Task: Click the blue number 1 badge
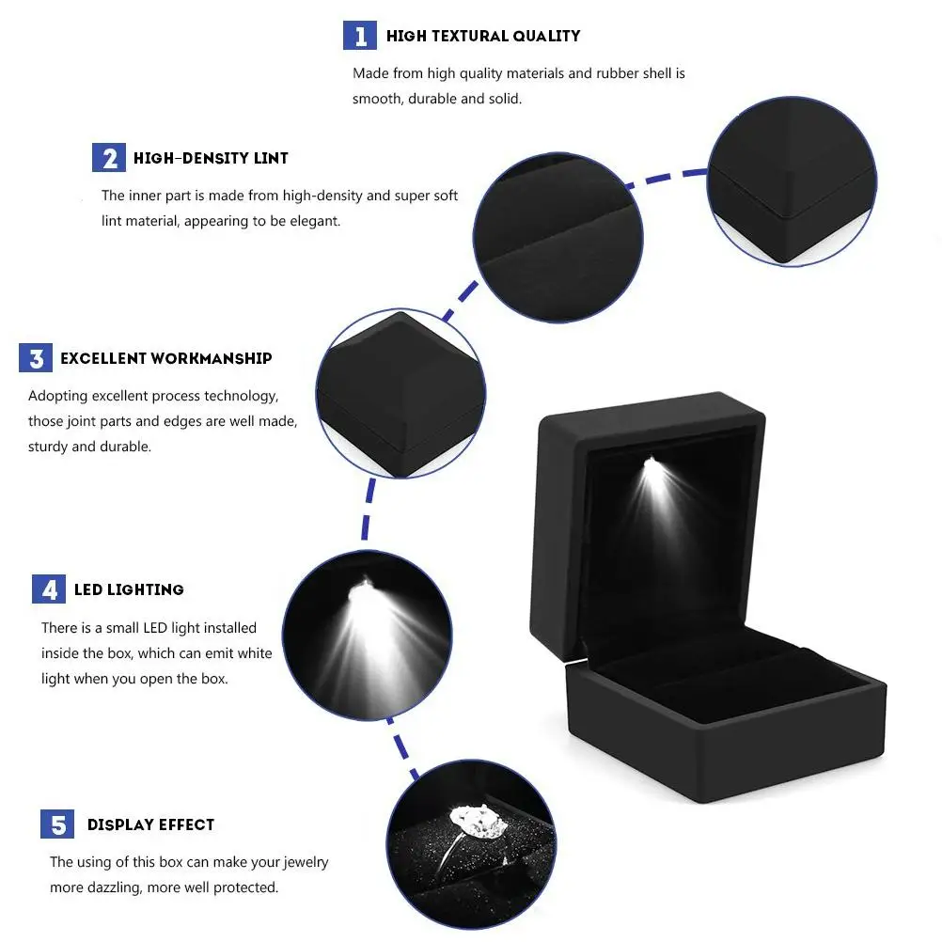[x=360, y=36]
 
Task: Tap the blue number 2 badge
[x=109, y=158]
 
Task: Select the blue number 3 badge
[x=36, y=358]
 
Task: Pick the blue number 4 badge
[x=49, y=589]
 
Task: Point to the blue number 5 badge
[x=57, y=824]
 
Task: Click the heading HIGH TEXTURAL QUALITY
[x=483, y=36]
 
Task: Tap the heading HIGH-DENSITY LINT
[x=211, y=158]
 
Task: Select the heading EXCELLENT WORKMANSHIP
[x=166, y=358]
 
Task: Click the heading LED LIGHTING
[x=129, y=589]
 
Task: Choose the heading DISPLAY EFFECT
[x=150, y=824]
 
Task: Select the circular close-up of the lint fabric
[x=558, y=238]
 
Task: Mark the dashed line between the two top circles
[x=667, y=176]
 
